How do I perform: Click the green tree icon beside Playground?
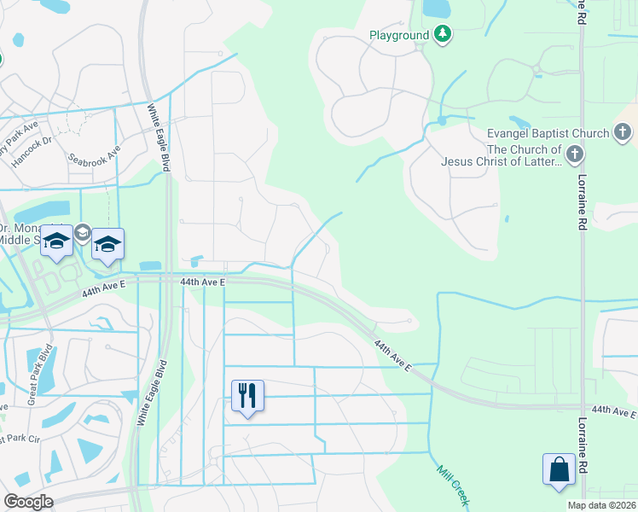[x=442, y=34]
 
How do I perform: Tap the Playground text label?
[x=399, y=35]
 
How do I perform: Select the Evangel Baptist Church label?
[x=548, y=133]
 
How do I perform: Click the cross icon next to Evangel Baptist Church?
[x=623, y=132]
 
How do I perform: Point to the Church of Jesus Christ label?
[x=501, y=155]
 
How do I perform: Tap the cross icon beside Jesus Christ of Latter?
[x=576, y=154]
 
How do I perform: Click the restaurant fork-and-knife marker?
[x=247, y=396]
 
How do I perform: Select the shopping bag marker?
[x=559, y=470]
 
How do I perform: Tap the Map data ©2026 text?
[x=602, y=505]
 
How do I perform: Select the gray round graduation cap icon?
[x=83, y=231]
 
